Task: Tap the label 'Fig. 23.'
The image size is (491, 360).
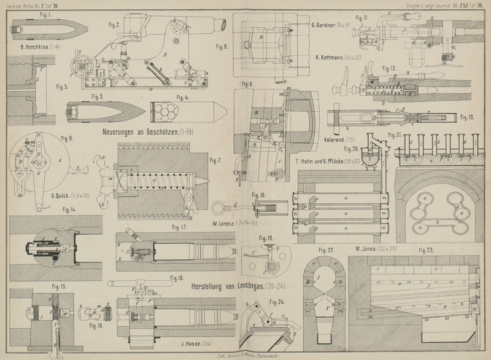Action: coord(426,249)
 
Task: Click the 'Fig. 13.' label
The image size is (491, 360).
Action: coord(467,117)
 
